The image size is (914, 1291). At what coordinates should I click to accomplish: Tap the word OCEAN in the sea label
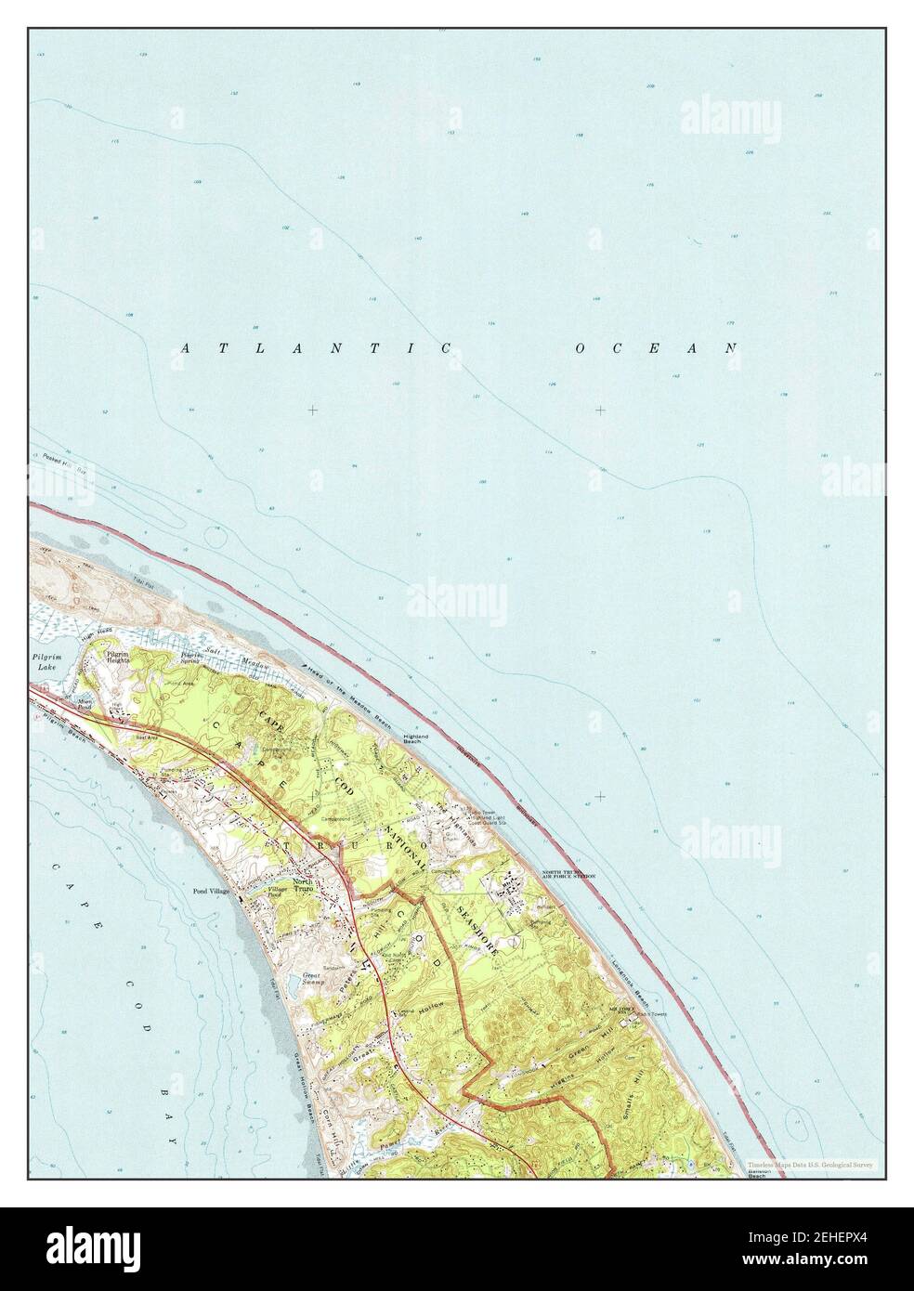coord(656,348)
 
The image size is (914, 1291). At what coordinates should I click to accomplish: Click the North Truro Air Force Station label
coord(568,875)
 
